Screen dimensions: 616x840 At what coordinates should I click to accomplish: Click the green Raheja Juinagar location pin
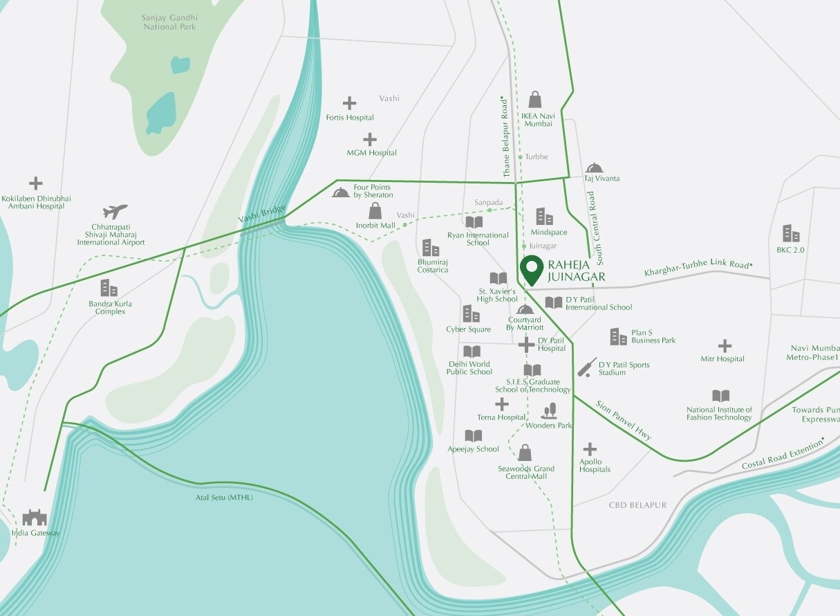pos(531,269)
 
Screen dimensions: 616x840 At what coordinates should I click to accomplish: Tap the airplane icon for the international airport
pos(115,211)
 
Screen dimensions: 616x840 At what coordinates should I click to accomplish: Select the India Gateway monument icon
pos(34,517)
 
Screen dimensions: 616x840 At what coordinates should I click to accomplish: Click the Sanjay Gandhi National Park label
pos(170,22)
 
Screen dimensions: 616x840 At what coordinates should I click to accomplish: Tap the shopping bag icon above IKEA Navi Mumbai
pos(535,100)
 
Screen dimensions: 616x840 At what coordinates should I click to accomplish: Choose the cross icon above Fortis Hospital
pos(350,104)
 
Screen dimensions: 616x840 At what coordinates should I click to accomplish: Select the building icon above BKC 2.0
pos(790,233)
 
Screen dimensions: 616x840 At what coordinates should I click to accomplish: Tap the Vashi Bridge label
pos(262,214)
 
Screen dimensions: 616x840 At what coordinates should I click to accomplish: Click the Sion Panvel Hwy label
pos(624,419)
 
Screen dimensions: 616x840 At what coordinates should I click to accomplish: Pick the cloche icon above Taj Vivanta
pos(594,167)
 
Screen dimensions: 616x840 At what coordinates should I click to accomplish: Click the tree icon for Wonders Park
pos(549,411)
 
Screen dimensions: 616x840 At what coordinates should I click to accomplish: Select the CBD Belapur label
pos(637,505)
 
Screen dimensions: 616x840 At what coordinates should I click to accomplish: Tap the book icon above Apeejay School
pos(473,436)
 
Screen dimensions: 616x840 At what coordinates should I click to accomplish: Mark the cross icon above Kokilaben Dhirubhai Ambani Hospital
pos(36,183)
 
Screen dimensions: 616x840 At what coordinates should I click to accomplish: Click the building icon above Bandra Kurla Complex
pos(109,288)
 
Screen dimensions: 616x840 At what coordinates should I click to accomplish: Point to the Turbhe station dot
pos(521,157)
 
